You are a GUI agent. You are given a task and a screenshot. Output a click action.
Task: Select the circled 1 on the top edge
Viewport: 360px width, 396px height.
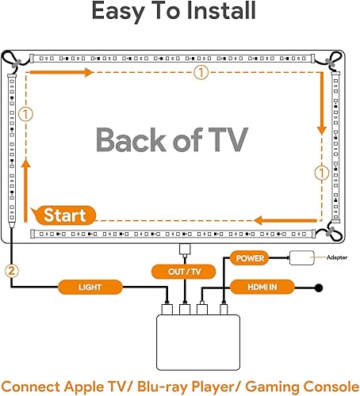(204, 73)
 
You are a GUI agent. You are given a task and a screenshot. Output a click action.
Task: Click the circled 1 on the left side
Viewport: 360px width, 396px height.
(26, 113)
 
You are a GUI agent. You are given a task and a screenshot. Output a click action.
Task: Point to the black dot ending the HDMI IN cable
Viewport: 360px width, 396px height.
(319, 287)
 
